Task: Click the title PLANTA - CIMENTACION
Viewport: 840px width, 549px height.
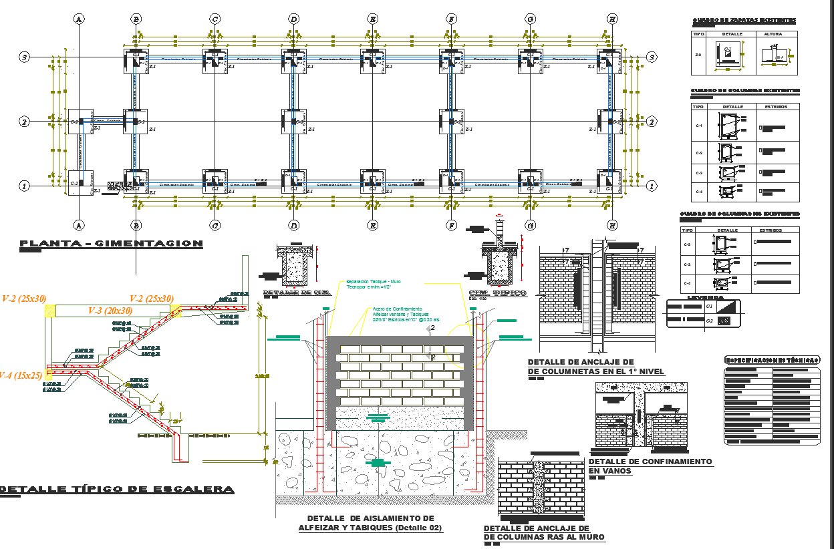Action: click(111, 244)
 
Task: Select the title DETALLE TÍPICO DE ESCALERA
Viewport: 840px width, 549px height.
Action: click(118, 490)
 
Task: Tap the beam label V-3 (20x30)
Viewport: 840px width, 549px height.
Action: click(110, 311)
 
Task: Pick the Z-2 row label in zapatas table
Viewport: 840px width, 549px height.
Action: click(698, 55)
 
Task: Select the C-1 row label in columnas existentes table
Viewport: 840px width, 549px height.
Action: click(699, 125)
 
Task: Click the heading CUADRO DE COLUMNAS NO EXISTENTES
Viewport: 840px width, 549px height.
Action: click(739, 214)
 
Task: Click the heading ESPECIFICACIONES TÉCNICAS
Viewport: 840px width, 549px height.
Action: click(772, 360)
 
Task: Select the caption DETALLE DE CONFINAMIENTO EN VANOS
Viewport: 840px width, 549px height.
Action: click(650, 466)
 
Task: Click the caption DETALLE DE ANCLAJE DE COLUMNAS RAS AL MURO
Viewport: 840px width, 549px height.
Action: click(543, 532)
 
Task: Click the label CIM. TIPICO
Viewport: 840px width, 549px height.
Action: click(497, 293)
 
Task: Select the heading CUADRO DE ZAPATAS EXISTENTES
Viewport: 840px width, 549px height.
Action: click(744, 21)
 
